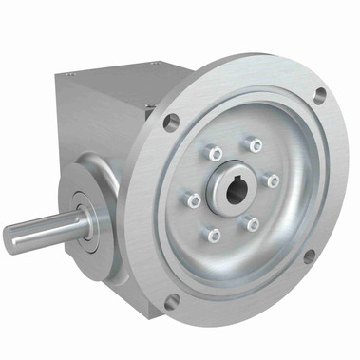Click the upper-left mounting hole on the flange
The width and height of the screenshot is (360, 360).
pyautogui.click(x=172, y=121)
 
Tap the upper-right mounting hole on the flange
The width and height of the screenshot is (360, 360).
pyautogui.click(x=320, y=94)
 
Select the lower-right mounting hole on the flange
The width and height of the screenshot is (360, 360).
pyautogui.click(x=310, y=256)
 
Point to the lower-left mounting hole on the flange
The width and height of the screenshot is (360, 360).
pyautogui.click(x=171, y=301)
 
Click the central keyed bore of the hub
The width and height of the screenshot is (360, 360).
pyautogui.click(x=236, y=187)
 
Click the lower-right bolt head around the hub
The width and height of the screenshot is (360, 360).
pyautogui.click(x=253, y=224)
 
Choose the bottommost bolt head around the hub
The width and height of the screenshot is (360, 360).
pyautogui.click(x=214, y=235)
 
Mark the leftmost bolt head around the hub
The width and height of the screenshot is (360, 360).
pyautogui.click(x=194, y=200)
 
